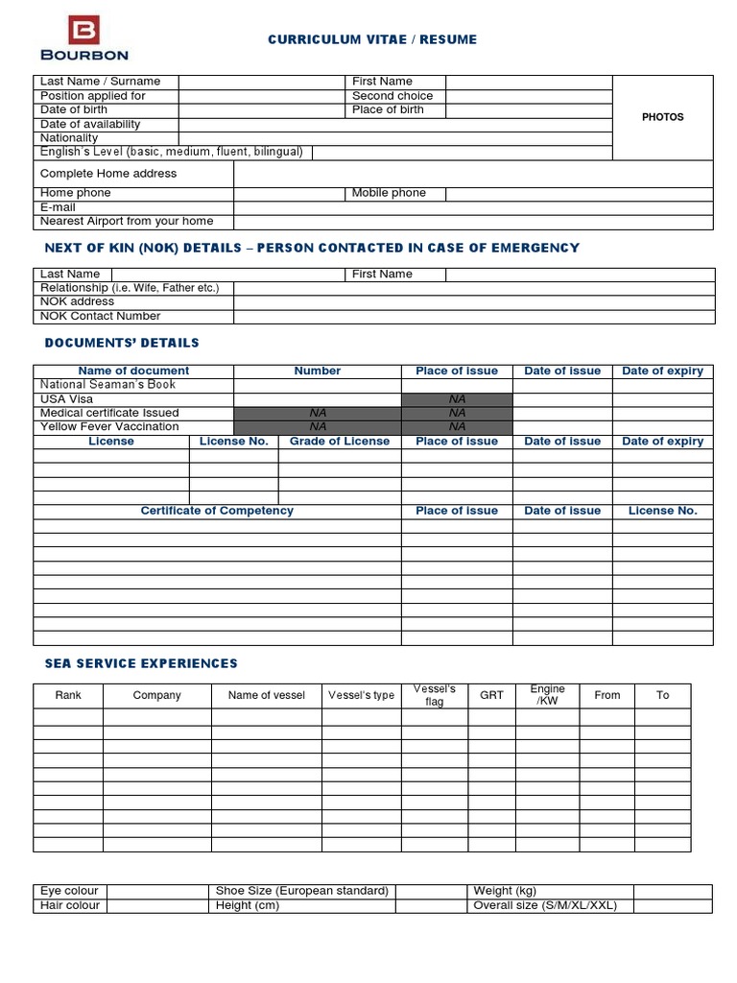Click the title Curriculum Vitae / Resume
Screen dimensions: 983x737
(x=372, y=39)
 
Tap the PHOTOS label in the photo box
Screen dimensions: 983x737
(x=662, y=117)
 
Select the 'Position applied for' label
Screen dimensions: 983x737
(x=93, y=96)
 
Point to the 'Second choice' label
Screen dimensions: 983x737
(x=392, y=96)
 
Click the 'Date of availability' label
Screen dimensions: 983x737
(x=90, y=124)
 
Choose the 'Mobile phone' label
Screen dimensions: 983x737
(x=389, y=193)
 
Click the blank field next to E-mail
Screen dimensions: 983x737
(x=473, y=207)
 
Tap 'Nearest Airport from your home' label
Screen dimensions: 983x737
(x=127, y=222)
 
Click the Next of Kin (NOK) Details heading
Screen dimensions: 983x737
(x=312, y=248)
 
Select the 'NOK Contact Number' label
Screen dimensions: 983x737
(x=101, y=316)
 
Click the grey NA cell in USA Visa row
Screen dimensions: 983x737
(x=457, y=399)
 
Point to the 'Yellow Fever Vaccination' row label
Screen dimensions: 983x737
(x=109, y=426)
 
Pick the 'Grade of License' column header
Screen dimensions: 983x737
(x=340, y=442)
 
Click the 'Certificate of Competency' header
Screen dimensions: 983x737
(x=217, y=511)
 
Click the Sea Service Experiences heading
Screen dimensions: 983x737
(x=141, y=663)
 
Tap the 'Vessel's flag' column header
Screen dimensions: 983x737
(x=434, y=695)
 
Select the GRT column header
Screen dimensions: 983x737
(x=491, y=695)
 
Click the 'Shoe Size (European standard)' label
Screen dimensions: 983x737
(x=302, y=891)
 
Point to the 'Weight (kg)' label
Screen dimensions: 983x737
(x=505, y=891)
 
